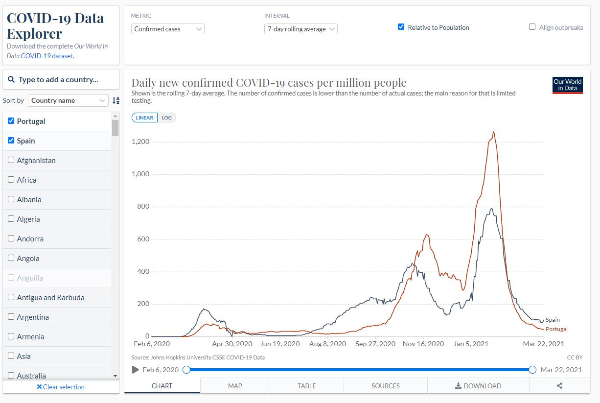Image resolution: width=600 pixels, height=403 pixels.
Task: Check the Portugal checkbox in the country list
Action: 11,121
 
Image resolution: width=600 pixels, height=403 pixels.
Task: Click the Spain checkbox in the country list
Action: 11,141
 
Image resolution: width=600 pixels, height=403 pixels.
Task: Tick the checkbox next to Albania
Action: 11,199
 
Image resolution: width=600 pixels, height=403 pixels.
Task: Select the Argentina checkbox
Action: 11,317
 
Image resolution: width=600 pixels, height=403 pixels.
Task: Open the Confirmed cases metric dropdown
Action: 168,29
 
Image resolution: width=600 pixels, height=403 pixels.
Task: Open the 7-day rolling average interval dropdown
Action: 301,29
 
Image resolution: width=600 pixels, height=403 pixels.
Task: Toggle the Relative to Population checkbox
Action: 401,27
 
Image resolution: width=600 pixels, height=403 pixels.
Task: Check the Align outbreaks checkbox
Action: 532,27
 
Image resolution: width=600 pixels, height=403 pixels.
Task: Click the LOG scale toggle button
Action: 167,118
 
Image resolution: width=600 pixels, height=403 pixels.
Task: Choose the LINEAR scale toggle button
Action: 144,118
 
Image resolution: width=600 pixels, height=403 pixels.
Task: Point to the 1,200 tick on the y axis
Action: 140,142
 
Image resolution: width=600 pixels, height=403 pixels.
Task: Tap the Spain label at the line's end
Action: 553,320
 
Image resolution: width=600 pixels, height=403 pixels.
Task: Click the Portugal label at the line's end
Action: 556,329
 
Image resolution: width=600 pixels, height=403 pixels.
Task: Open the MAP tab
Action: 235,386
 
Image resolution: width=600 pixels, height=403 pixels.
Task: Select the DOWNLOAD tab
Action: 478,386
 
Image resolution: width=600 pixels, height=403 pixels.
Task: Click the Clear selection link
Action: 61,387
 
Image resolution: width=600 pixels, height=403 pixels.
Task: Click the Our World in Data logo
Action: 567,85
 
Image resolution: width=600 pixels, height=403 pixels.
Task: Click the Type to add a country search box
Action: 61,79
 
